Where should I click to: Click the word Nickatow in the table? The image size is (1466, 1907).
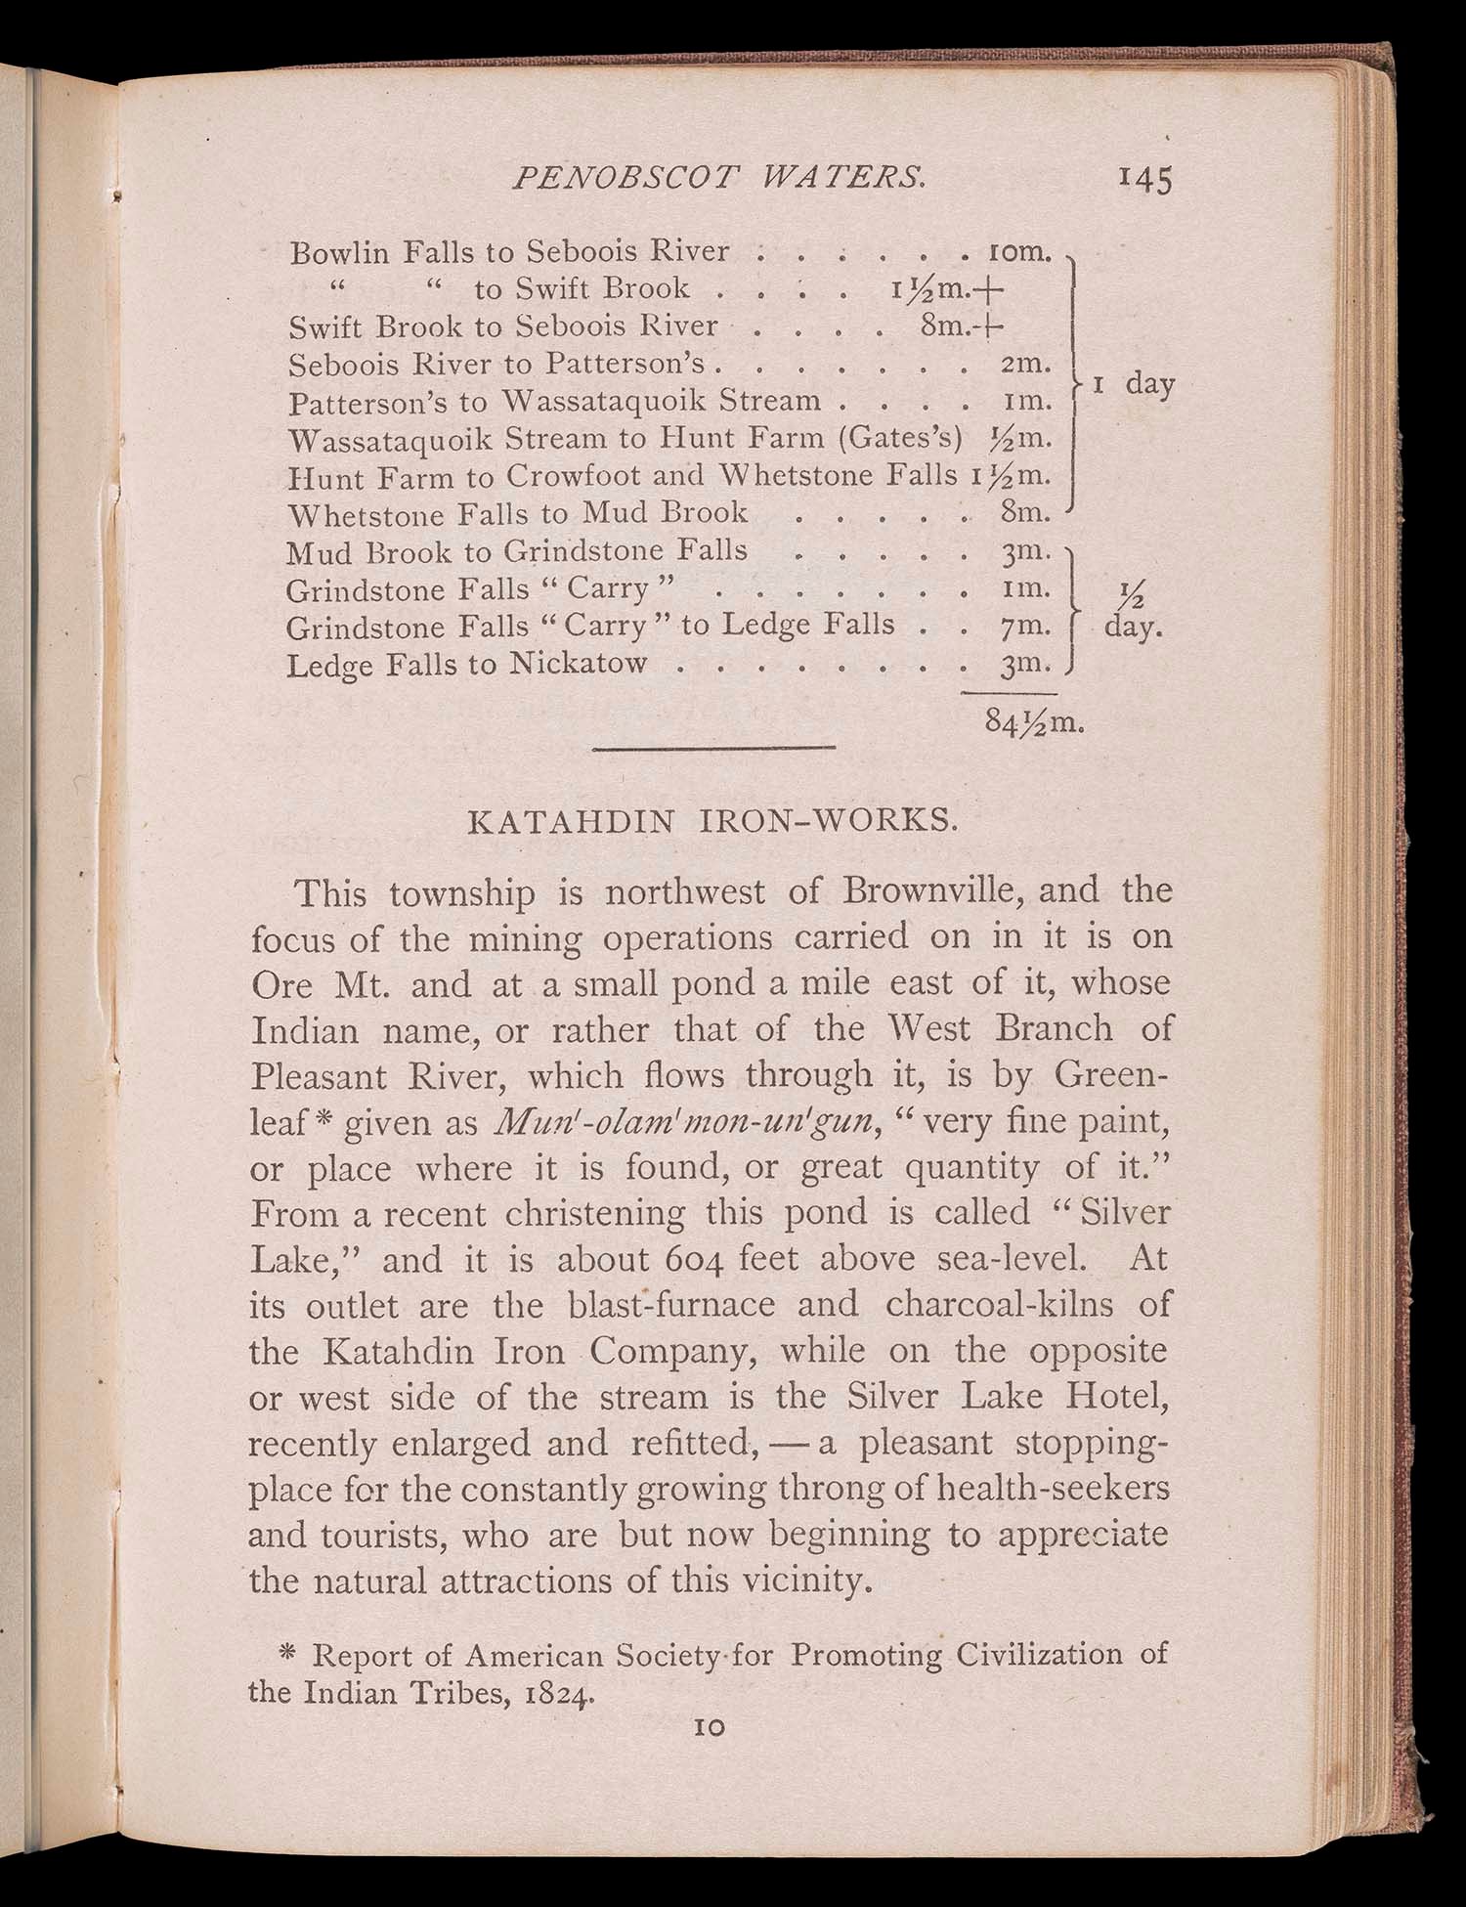click(x=580, y=665)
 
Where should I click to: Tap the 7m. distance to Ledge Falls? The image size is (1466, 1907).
click(x=1024, y=626)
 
